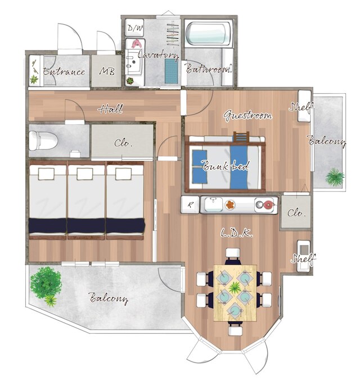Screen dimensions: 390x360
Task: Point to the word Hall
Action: click(x=111, y=109)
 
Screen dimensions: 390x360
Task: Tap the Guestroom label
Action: click(x=247, y=116)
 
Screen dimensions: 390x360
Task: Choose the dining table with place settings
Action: click(x=235, y=292)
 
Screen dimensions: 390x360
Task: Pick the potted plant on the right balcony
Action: click(x=334, y=178)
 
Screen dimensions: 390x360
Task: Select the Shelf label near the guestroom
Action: click(x=298, y=107)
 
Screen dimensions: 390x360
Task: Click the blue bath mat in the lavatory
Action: click(x=170, y=70)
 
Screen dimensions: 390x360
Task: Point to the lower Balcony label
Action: click(x=109, y=298)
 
